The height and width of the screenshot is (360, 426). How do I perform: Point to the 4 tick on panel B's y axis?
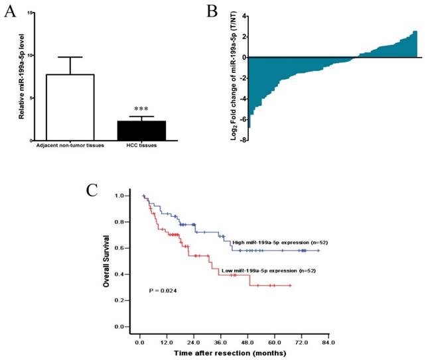[244, 15]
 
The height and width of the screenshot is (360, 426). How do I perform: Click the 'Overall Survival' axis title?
[106, 261]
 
